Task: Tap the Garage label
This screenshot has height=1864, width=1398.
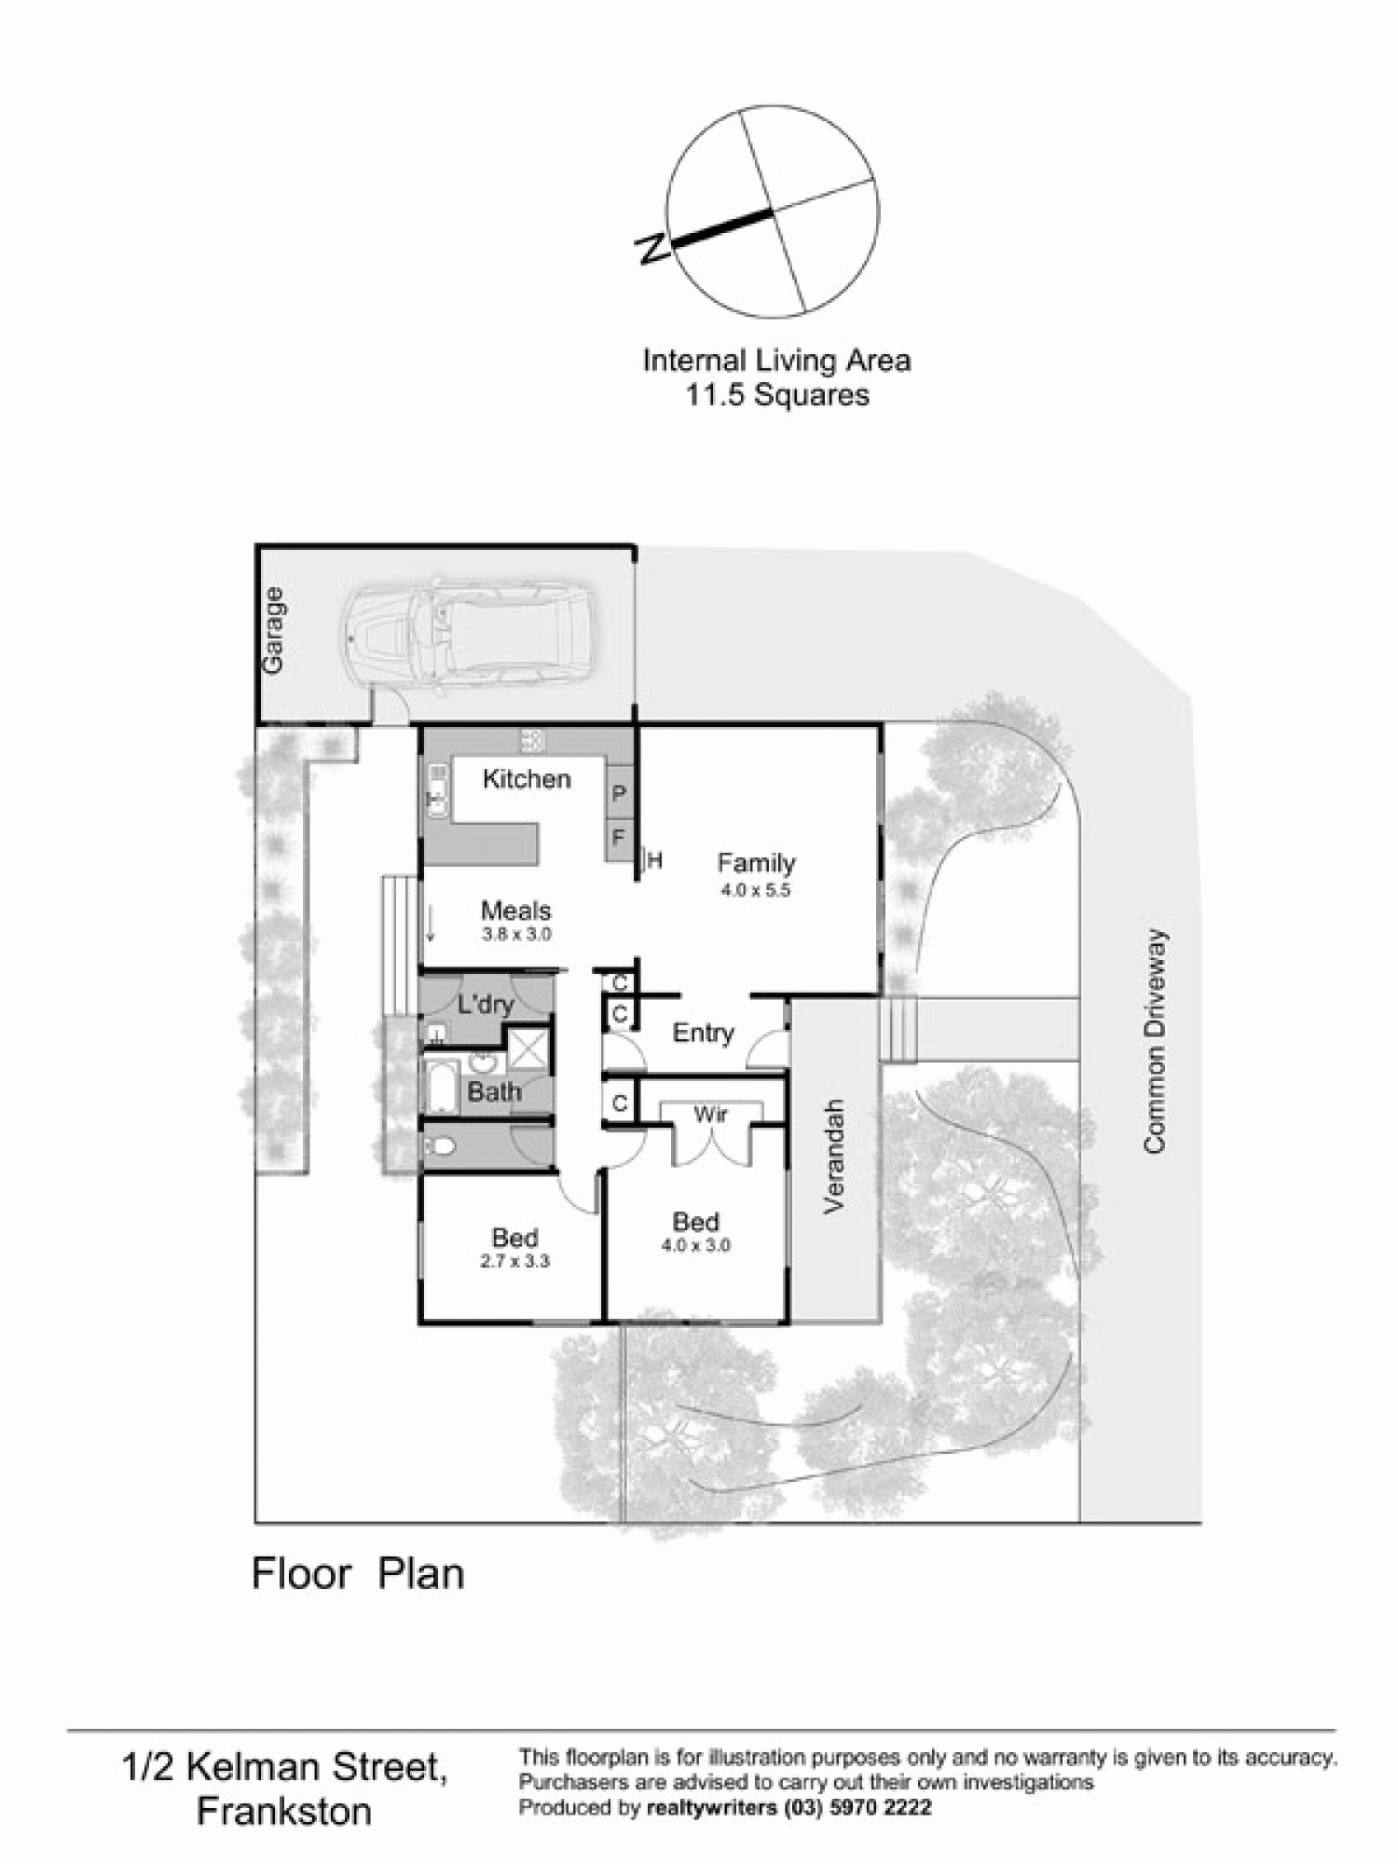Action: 273,630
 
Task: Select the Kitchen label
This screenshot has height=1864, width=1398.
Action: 527,779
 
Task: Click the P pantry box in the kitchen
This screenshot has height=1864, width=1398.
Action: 620,794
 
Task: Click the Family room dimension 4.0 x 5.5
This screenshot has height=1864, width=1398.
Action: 755,890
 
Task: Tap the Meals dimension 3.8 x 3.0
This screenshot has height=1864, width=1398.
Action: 516,934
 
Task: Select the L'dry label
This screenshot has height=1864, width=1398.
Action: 487,1004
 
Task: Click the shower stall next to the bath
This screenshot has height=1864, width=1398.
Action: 528,1049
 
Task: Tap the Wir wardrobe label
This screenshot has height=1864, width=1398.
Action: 711,1115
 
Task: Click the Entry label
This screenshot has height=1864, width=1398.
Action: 703,1033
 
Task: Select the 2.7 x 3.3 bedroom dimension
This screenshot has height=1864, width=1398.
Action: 515,1261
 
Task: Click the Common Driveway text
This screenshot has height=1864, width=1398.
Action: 1155,1040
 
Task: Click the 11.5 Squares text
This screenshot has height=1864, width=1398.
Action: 777,395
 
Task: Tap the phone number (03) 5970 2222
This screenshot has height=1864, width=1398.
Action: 858,1807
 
